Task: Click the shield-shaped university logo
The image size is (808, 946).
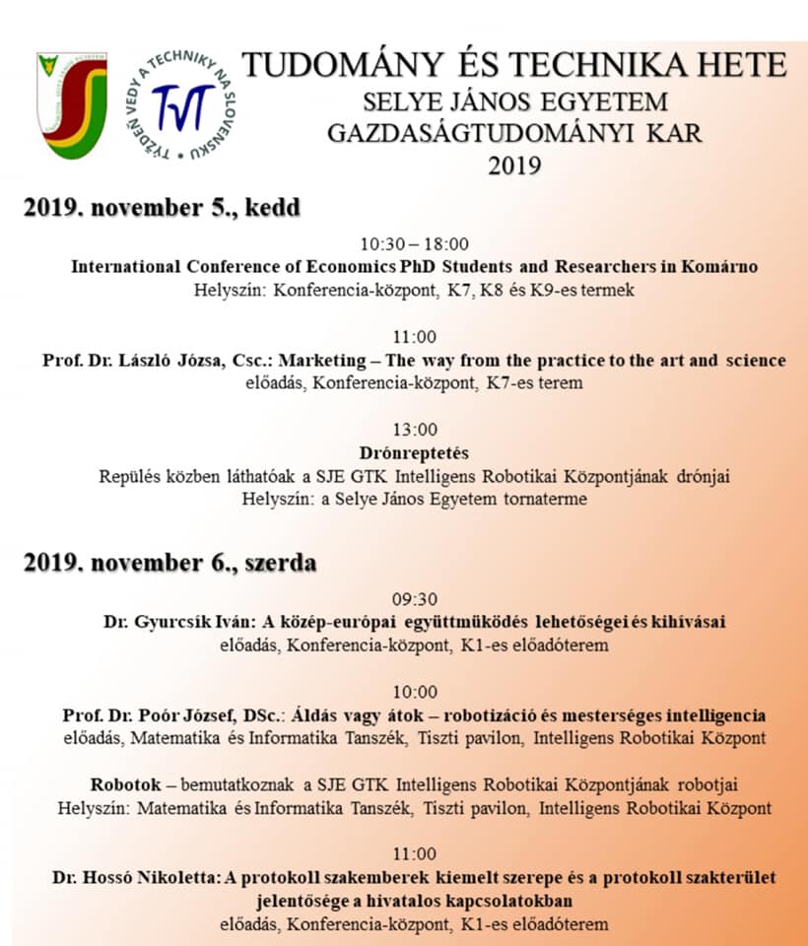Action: click(x=71, y=104)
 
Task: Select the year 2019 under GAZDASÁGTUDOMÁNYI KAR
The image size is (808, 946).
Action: click(x=513, y=165)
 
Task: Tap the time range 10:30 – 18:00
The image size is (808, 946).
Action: click(x=414, y=243)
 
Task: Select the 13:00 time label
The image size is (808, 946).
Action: click(x=414, y=430)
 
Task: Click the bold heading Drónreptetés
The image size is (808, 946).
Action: click(x=414, y=453)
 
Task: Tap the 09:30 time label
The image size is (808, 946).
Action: click(x=414, y=599)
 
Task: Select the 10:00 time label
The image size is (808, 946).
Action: click(x=414, y=692)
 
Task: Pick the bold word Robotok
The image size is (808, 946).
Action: click(x=125, y=784)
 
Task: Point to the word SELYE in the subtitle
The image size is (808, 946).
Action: click(x=397, y=101)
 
